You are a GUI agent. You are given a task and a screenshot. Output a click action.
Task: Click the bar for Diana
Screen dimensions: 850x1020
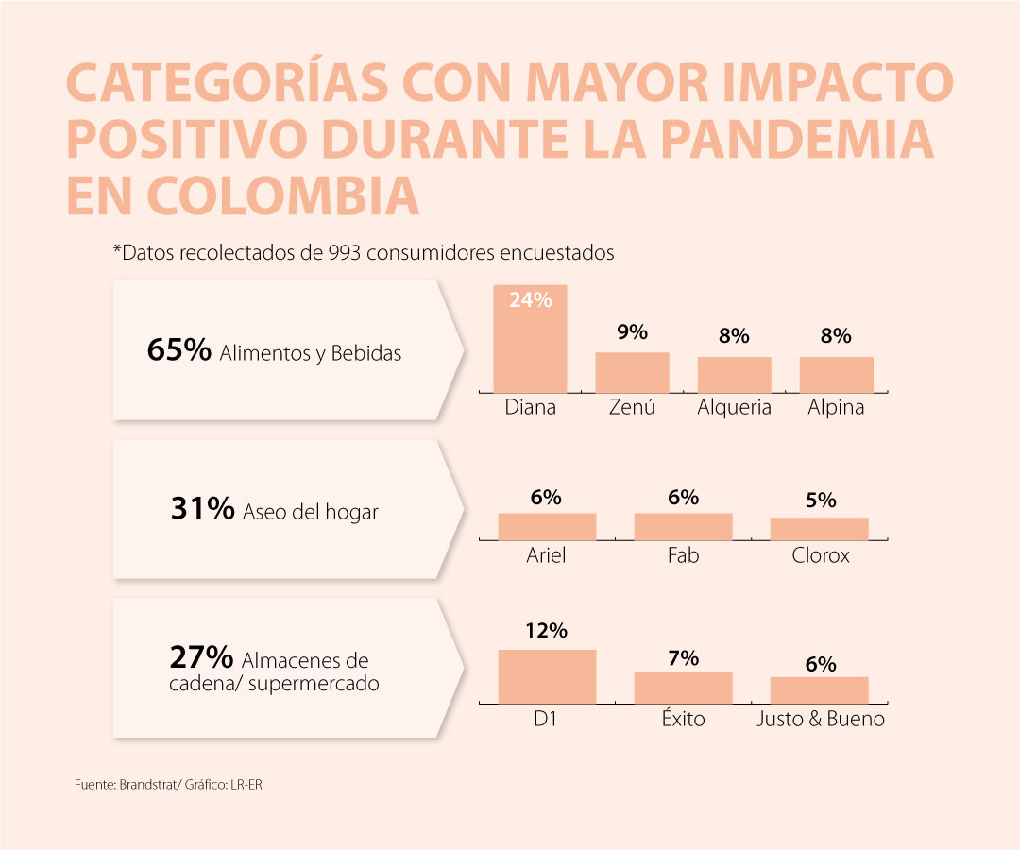tap(530, 345)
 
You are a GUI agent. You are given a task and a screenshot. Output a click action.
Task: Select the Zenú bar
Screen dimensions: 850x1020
tap(632, 372)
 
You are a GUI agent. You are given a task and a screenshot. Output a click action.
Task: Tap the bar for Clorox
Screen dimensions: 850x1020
tap(819, 529)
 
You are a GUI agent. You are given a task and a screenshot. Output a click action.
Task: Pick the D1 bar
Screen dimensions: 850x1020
tap(547, 675)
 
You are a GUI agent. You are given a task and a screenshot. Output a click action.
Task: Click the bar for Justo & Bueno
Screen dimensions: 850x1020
tap(819, 689)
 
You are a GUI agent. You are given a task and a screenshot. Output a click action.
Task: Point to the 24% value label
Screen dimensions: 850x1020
tap(530, 299)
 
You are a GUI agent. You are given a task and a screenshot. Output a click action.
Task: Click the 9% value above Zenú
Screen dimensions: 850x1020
tap(632, 331)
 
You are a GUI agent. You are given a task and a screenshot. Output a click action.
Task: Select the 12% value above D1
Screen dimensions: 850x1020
tap(547, 629)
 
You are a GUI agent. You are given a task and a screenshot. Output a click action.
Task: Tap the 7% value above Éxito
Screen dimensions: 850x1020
tap(683, 657)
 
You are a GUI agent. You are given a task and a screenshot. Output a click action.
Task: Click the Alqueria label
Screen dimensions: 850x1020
tap(734, 408)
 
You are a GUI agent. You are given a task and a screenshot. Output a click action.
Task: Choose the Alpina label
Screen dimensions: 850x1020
tap(836, 408)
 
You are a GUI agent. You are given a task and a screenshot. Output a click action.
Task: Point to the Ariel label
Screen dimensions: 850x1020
tap(546, 555)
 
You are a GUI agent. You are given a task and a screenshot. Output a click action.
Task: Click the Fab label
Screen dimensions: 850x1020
tap(683, 555)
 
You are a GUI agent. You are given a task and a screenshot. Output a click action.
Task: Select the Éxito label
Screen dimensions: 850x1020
tap(683, 719)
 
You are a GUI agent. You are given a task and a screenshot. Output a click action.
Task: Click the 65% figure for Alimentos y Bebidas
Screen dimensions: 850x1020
tap(178, 350)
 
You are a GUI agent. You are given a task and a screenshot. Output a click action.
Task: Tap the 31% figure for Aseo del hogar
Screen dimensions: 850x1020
tap(202, 510)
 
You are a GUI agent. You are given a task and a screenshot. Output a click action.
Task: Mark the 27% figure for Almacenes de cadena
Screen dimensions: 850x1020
tap(201, 656)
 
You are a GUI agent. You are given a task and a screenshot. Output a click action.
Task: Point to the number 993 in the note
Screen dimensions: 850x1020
tap(345, 253)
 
